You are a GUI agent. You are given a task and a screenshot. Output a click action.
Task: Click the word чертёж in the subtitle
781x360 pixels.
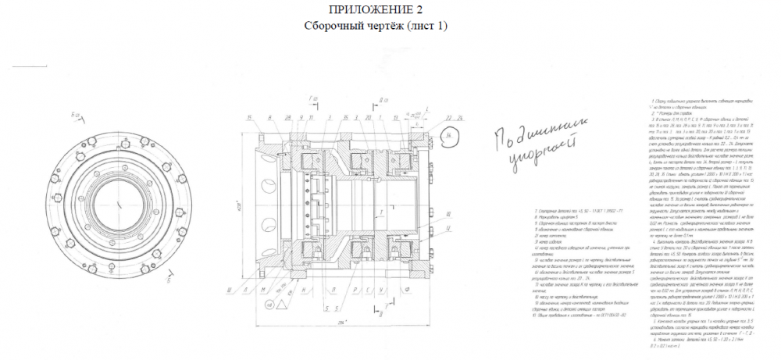[371, 25]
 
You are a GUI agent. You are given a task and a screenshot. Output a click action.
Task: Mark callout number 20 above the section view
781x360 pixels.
[368, 117]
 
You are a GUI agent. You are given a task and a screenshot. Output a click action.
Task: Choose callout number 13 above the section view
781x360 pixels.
[396, 117]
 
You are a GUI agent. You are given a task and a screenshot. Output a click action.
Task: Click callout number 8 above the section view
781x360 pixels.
[270, 117]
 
